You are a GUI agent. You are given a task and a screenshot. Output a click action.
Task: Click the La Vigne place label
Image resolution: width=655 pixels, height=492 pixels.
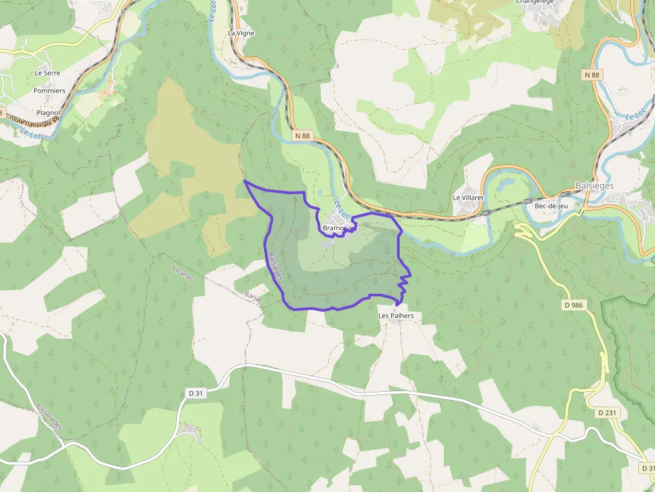[241, 33]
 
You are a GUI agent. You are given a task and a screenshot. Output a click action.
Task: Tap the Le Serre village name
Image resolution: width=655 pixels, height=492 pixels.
[47, 73]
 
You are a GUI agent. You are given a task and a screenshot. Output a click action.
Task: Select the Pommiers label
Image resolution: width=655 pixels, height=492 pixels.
[49, 91]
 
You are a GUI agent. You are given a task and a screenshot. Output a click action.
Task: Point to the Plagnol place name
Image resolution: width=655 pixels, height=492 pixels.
[48, 113]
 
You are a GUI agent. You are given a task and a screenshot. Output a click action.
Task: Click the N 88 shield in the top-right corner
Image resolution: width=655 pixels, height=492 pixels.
[592, 75]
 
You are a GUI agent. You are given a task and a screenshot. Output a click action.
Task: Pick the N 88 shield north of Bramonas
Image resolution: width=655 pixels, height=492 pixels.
[302, 136]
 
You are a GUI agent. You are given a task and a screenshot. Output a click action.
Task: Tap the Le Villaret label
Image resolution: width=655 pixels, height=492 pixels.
[468, 198]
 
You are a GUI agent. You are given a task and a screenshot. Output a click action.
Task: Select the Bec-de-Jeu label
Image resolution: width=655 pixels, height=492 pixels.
[551, 206]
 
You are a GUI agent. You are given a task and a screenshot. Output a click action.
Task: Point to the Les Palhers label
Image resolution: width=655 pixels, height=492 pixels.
[396, 316]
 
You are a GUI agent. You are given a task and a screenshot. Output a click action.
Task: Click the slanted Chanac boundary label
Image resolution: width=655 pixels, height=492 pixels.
[182, 274]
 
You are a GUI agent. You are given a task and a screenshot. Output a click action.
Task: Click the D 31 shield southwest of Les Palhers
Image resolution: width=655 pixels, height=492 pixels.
[196, 394]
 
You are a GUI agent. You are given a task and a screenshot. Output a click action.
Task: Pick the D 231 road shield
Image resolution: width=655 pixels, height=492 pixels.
[608, 413]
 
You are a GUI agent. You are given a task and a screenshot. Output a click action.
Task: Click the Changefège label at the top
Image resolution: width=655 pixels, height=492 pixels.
[535, 2]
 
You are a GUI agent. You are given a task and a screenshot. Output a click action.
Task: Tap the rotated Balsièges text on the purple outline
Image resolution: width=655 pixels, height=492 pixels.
[274, 265]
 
